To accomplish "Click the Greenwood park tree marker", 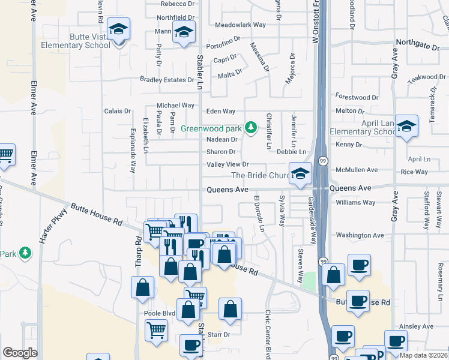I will pyautogui.click(x=252, y=127).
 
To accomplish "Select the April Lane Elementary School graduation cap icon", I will pyautogui.click(x=407, y=127).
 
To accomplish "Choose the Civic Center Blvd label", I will pyautogui.click(x=268, y=334).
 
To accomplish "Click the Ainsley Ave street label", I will pyautogui.click(x=417, y=326).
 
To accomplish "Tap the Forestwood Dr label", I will pyautogui.click(x=357, y=97).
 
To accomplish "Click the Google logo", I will pyautogui.click(x=20, y=353).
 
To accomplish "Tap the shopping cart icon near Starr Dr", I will pyautogui.click(x=156, y=329).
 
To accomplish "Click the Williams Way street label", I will pyautogui.click(x=355, y=203).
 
